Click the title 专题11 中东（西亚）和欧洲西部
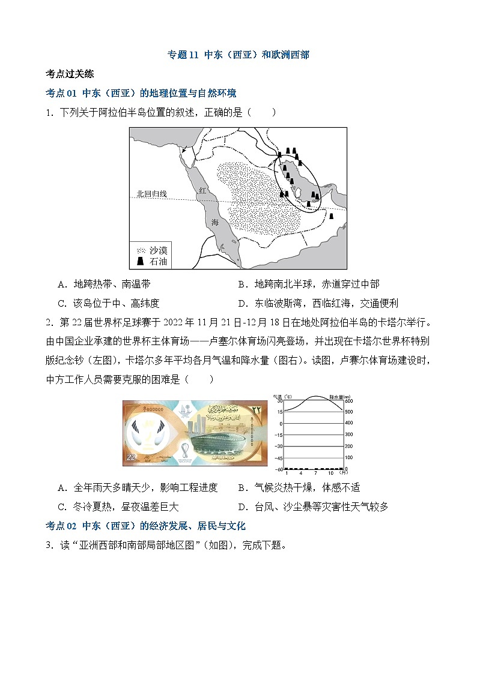tap(238, 55)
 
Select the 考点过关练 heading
tap(70, 74)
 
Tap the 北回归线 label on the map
tap(151, 194)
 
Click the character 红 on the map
tap(202, 190)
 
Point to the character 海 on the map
tap(215, 222)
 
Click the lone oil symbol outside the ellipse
tap(331, 216)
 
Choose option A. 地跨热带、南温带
tap(104, 284)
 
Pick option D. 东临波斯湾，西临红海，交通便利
tap(318, 304)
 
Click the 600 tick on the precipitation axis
tap(349, 401)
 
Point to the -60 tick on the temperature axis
tap(278, 469)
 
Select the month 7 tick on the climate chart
tap(315, 473)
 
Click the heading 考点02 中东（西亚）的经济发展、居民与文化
tap(146, 526)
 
